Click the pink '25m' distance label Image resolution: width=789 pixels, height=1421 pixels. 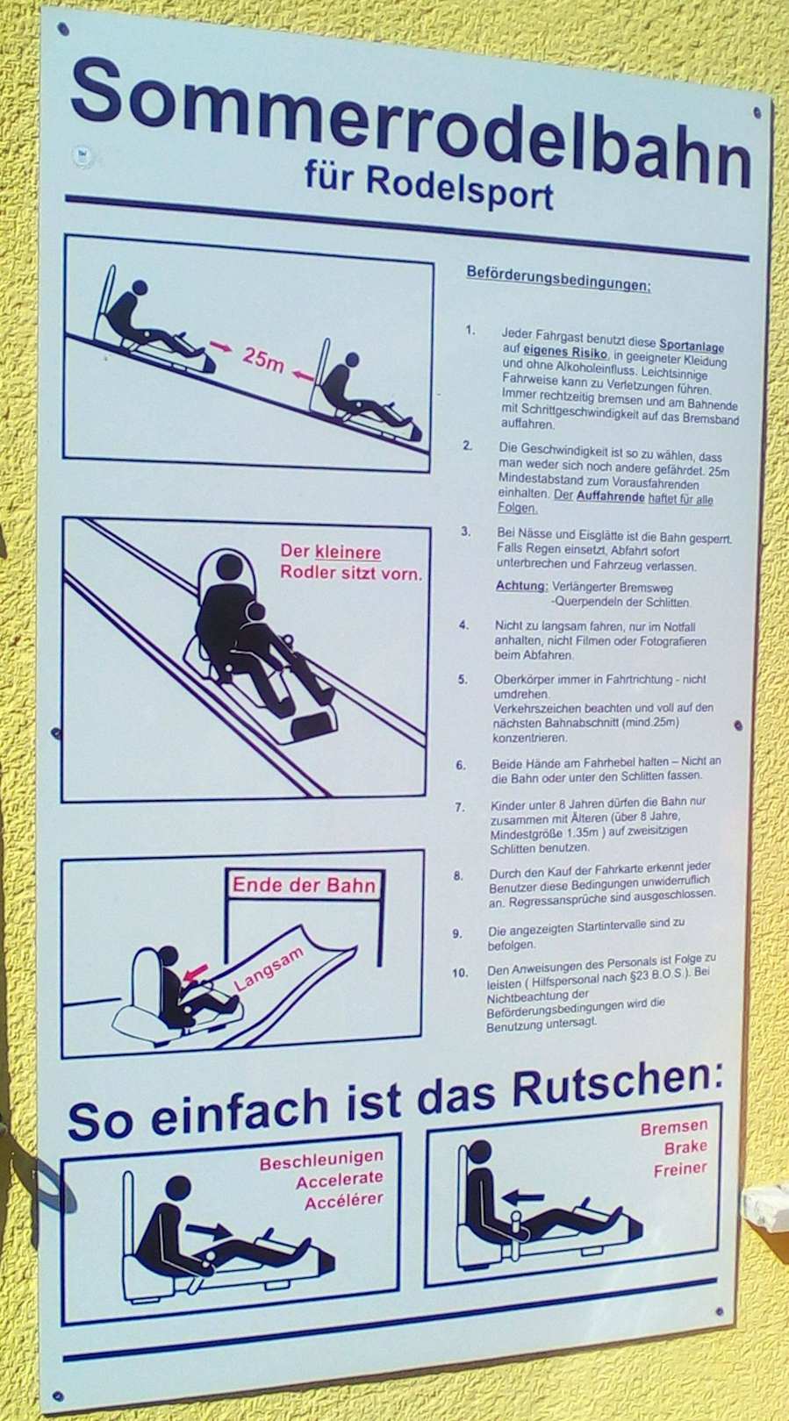pyautogui.click(x=262, y=360)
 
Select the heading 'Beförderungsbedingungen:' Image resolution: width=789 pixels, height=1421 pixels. pyautogui.click(x=558, y=278)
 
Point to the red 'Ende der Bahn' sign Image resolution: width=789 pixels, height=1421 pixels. pyautogui.click(x=304, y=885)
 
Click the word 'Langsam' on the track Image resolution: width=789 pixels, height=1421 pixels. pyautogui.click(x=269, y=969)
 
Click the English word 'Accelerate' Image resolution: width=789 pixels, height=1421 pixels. pyautogui.click(x=340, y=1181)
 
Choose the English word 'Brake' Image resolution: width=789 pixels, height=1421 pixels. pyautogui.click(x=685, y=1148)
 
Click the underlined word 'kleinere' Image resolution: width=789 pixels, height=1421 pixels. pyautogui.click(x=348, y=553)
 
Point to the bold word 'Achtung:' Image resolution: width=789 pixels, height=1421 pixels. pyautogui.click(x=521, y=585)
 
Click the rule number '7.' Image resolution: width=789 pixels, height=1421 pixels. pyautogui.click(x=460, y=808)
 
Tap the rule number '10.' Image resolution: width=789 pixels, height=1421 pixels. pyautogui.click(x=460, y=973)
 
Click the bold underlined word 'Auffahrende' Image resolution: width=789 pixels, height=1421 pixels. pyautogui.click(x=610, y=496)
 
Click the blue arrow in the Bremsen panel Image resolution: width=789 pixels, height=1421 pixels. pyautogui.click(x=523, y=1197)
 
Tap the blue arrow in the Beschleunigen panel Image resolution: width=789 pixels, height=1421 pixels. pyautogui.click(x=209, y=1228)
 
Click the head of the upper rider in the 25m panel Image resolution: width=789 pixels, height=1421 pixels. pyautogui.click(x=140, y=288)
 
